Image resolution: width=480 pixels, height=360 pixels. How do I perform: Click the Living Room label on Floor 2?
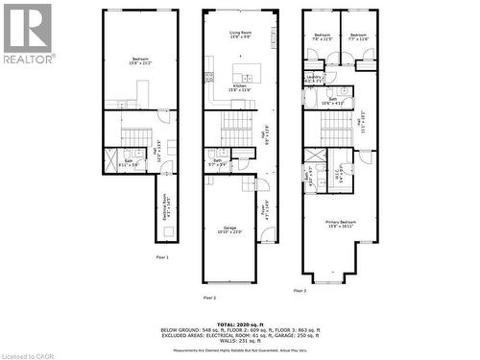[240, 36]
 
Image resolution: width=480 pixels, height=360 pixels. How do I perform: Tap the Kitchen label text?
[240, 88]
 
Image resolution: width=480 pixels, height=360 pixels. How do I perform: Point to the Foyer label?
[265, 204]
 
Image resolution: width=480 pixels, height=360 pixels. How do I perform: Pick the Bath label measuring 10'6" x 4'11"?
[332, 101]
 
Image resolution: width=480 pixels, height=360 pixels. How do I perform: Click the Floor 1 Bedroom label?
[140, 62]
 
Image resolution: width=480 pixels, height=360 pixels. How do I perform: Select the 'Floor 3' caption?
[300, 289]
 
